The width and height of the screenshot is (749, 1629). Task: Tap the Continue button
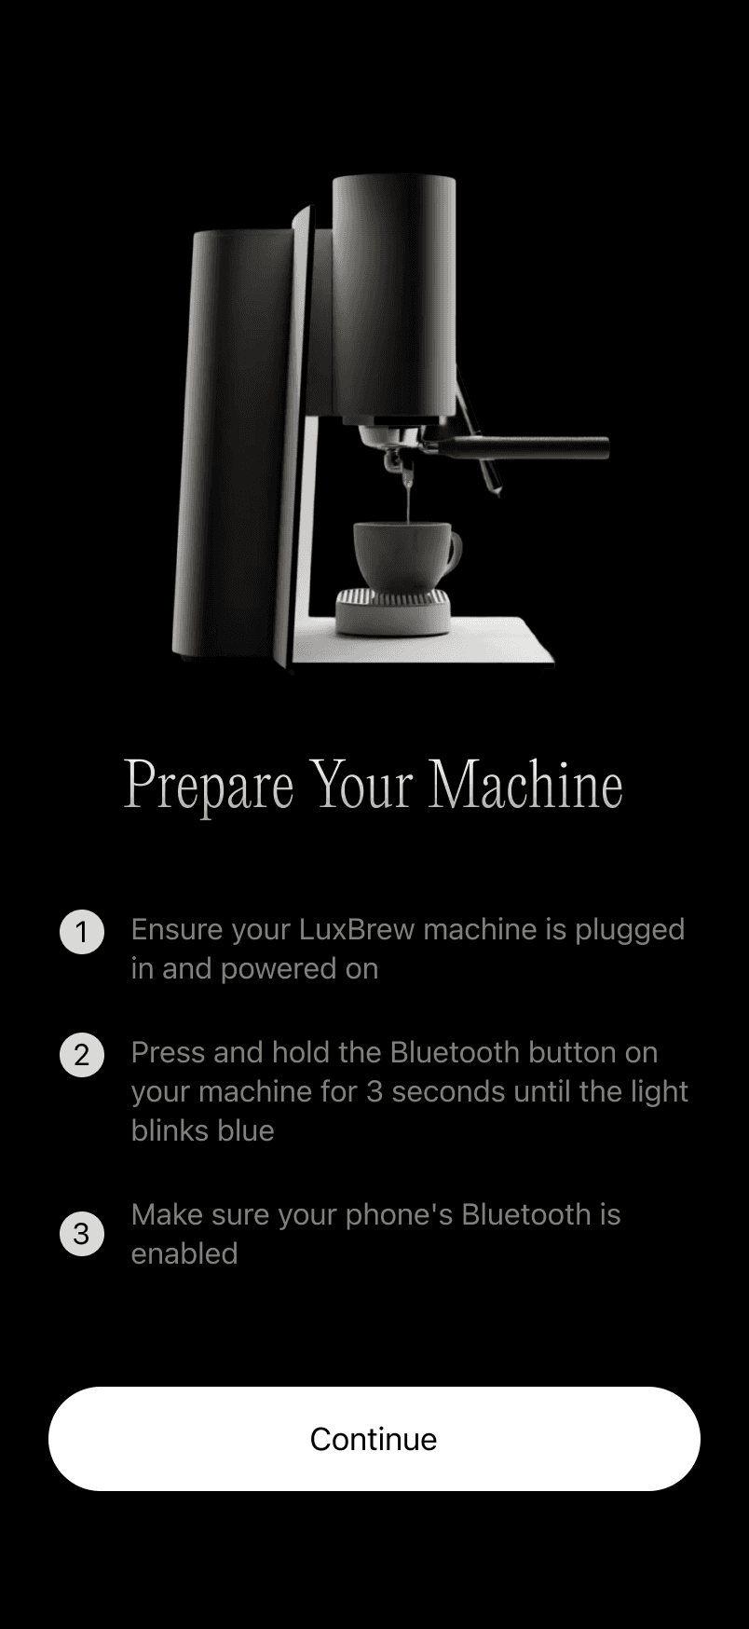(374, 1438)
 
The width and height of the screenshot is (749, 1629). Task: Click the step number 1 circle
(82, 932)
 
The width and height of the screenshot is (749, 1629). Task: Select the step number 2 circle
(82, 1055)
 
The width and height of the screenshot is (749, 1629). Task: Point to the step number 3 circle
(82, 1234)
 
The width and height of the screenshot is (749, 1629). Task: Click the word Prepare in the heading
(209, 786)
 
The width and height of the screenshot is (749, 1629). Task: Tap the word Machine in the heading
(525, 784)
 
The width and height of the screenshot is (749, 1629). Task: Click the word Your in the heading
(361, 784)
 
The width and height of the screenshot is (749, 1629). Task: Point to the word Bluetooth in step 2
(455, 1052)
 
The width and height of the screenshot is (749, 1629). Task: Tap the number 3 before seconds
(374, 1091)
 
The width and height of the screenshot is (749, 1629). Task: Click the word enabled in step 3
(184, 1253)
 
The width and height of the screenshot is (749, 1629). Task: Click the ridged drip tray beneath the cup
(393, 610)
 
